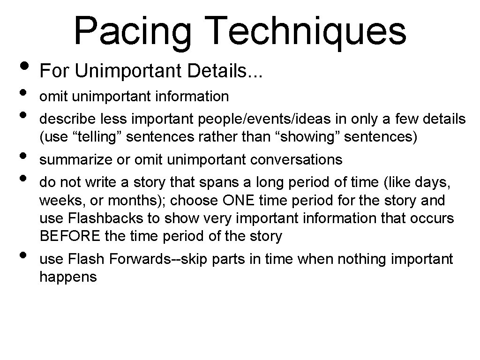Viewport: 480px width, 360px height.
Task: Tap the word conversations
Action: [296, 160]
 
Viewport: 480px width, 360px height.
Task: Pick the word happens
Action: [68, 277]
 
